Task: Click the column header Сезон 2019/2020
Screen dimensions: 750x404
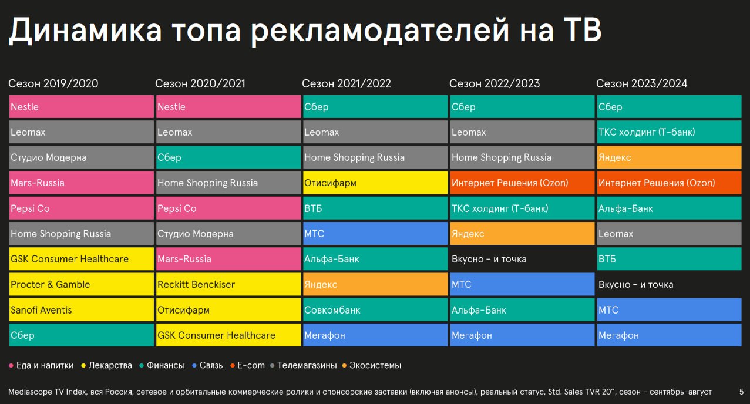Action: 53,83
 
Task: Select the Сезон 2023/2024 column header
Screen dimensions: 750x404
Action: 641,83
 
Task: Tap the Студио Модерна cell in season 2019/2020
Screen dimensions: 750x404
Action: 82,157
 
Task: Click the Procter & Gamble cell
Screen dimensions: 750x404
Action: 82,284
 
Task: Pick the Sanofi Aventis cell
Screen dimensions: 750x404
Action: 82,309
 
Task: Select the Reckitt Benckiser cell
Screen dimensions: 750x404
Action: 228,284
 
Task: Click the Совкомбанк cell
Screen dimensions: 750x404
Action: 375,309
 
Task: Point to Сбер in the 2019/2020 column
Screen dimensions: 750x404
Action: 82,335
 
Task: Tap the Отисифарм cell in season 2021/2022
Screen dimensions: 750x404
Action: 375,183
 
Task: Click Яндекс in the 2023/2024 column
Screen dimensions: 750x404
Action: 670,157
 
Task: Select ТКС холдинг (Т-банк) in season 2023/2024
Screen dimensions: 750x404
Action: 670,132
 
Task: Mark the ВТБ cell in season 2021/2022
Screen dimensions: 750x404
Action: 375,208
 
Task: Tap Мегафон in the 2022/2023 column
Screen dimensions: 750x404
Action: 522,335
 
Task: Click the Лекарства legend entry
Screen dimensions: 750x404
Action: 107,365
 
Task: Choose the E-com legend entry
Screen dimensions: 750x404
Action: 247,365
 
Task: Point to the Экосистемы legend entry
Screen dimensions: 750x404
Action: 372,365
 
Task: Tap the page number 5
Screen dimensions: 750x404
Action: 741,392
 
